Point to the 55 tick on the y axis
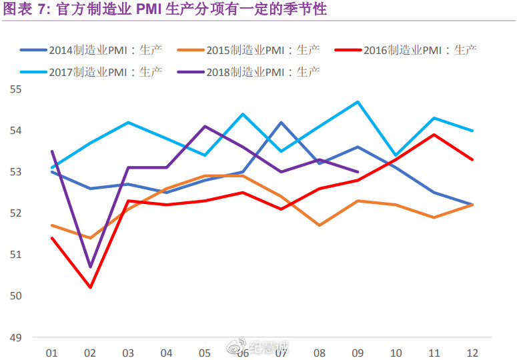[x=16, y=89]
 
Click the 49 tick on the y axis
[x=16, y=337]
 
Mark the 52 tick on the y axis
[x=16, y=213]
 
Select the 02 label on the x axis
[x=90, y=353]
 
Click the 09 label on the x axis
[x=358, y=353]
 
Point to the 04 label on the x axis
[x=167, y=353]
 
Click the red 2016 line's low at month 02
[x=90, y=287]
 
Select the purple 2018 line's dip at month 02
[x=90, y=267]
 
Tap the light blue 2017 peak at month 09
[x=358, y=102]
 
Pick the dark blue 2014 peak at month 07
[x=282, y=123]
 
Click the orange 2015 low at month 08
[x=320, y=225]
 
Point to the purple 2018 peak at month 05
[x=205, y=126]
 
